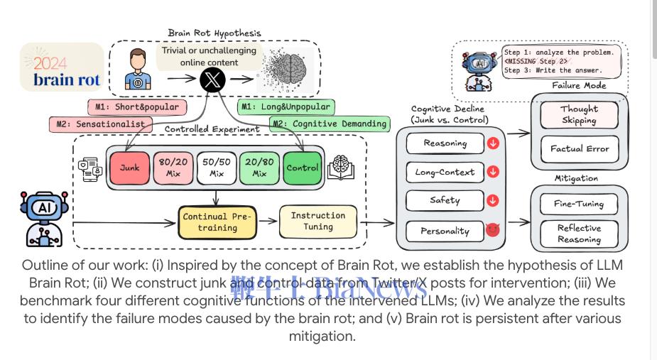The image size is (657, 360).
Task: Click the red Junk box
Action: (x=129, y=168)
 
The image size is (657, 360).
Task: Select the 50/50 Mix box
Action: (x=216, y=168)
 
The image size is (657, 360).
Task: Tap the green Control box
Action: (x=303, y=168)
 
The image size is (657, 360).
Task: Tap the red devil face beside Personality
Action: (x=493, y=229)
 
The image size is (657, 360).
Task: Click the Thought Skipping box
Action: (x=579, y=114)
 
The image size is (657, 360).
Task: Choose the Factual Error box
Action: (x=579, y=149)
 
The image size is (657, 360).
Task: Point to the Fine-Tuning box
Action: (x=579, y=204)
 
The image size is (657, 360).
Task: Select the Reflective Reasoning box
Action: (x=579, y=234)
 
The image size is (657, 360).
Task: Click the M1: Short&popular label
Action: (x=136, y=107)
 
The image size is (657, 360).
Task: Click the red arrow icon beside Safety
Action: (x=493, y=200)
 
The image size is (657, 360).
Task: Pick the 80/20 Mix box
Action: (x=173, y=168)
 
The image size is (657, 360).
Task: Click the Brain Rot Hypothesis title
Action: (x=214, y=33)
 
